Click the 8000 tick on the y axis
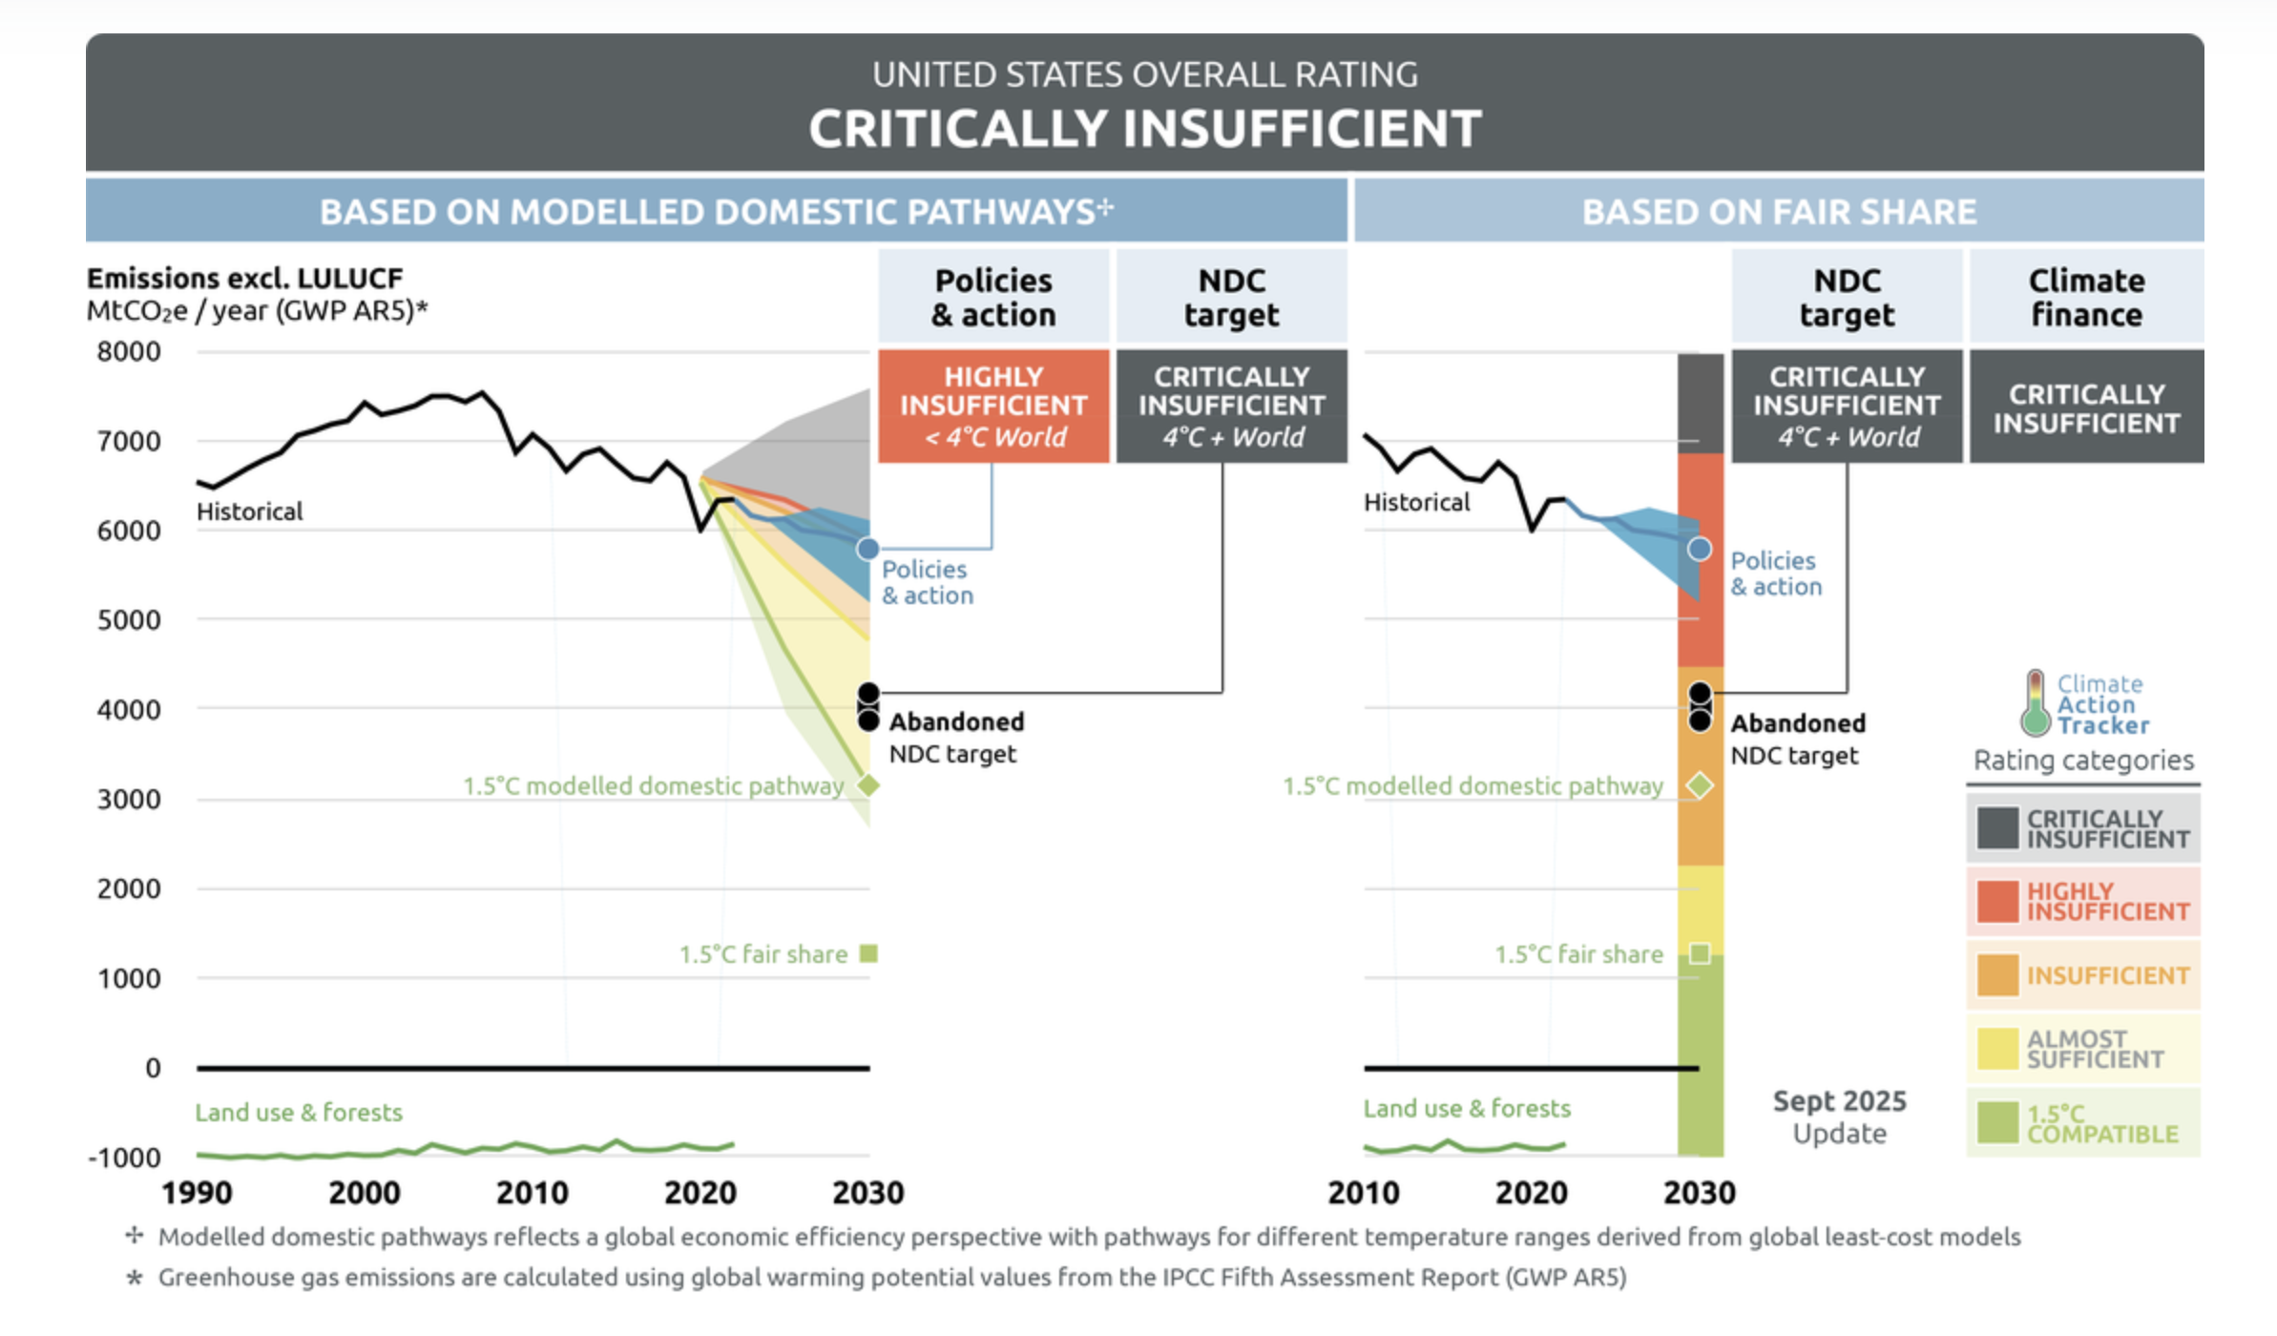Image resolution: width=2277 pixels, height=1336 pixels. coord(129,352)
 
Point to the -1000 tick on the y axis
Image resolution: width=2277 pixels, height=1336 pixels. coord(125,1158)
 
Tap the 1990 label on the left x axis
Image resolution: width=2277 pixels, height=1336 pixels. coord(197,1193)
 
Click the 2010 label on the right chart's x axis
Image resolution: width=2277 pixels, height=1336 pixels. coord(1363,1193)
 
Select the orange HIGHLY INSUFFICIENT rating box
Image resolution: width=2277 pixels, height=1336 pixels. coord(993,407)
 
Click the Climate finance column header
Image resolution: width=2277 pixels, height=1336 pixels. coord(2086,297)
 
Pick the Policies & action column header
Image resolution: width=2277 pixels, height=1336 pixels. coord(993,297)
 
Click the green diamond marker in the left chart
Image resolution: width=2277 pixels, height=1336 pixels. coord(867,785)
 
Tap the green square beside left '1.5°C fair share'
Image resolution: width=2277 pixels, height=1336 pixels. coord(868,953)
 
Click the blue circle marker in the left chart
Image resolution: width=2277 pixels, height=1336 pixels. coord(867,549)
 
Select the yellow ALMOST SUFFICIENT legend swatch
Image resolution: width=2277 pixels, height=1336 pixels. coord(1997,1049)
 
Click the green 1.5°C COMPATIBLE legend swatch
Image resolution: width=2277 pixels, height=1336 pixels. coord(1997,1122)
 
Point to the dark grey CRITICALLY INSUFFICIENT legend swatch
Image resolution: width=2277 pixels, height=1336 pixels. coord(1997,828)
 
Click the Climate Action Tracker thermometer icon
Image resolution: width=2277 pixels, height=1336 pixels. coord(2035,703)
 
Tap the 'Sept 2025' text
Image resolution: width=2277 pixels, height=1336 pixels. coord(1839,1101)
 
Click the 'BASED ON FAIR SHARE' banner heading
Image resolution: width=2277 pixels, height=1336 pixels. coord(1779,212)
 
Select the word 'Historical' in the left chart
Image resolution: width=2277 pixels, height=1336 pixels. coord(250,511)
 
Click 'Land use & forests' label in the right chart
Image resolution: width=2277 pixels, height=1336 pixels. coord(1466,1109)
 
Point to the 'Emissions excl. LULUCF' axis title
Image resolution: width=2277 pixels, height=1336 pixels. coord(245,279)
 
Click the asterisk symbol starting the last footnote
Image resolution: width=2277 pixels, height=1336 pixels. coord(135,1278)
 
